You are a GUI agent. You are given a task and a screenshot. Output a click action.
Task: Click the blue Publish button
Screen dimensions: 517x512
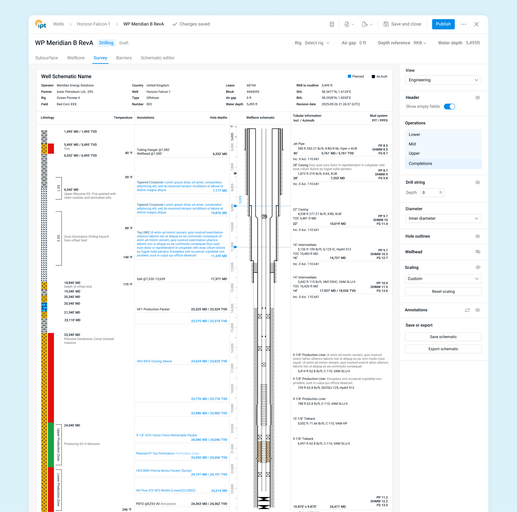coord(443,24)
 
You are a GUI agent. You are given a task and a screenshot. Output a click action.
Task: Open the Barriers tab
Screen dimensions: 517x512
coord(124,58)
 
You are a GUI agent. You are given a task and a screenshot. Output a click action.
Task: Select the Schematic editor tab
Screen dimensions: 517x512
coord(157,58)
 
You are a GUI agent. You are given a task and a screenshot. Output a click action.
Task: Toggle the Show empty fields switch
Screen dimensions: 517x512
coord(449,106)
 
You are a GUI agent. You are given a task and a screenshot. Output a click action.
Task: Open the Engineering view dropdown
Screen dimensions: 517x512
coord(443,80)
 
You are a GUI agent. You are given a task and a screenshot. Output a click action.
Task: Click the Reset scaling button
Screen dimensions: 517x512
coord(443,292)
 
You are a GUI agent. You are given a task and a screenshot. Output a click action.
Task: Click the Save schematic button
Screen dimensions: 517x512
coord(443,337)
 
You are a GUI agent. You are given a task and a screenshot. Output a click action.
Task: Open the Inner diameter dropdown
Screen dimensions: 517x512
coord(443,218)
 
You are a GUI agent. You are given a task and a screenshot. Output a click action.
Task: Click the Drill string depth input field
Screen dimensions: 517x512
coord(432,192)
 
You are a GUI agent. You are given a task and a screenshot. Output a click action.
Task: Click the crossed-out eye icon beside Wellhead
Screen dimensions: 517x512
coord(478,252)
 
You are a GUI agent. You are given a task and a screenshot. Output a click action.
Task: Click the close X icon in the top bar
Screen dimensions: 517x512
coord(476,24)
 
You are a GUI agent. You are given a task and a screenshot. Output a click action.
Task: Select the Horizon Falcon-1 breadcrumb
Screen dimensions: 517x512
coord(93,24)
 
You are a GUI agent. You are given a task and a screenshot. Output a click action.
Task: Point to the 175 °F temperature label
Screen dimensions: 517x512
coord(128,284)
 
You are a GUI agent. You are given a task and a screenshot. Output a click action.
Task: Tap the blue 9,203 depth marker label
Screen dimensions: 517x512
coord(240,199)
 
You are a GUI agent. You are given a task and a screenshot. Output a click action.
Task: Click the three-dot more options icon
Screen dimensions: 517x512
coord(463,24)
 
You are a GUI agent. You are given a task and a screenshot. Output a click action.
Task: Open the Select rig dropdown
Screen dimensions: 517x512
coord(317,43)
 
